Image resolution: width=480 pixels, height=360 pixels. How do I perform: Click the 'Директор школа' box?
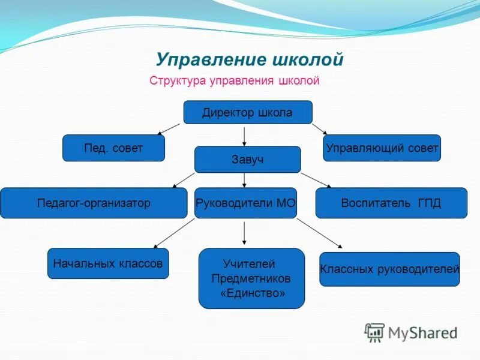pos(247,112)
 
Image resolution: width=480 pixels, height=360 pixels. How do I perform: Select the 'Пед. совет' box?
pos(113,148)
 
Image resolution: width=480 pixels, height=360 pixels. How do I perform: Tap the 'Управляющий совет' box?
pos(382,148)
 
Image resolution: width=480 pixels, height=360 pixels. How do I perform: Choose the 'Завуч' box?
pos(247,160)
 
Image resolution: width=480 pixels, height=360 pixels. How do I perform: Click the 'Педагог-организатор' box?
pos(94,203)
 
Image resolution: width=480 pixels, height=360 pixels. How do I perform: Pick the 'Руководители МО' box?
pos(246,203)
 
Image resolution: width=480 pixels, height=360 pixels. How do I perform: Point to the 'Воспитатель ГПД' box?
pos(391,203)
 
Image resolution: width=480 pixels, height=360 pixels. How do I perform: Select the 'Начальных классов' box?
pos(108,263)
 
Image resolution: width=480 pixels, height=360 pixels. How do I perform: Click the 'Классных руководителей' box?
pos(389,269)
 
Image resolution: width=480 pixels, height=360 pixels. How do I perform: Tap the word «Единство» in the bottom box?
pos(252,293)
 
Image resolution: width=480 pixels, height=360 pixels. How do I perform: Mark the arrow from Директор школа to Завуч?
pos(244,135)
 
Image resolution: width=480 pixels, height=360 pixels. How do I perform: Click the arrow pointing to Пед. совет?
pos(169,129)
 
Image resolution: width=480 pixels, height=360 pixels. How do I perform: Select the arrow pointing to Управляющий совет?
pos(319,129)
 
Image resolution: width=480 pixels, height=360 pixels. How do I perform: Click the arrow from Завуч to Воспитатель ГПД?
pos(316,180)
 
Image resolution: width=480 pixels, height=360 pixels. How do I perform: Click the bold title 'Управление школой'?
pos(249,60)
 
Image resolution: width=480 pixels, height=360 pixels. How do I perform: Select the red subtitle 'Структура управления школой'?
pos(235,80)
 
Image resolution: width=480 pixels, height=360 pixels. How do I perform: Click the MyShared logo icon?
pos(374,332)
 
